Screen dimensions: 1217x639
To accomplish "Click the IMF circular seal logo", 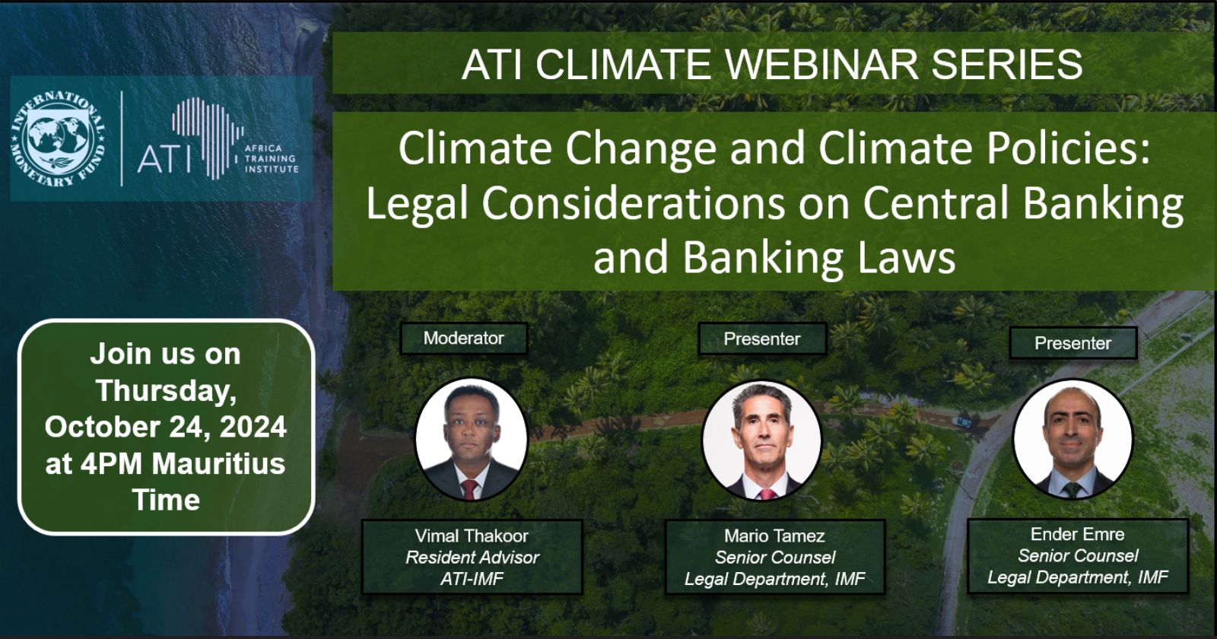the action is [58, 139].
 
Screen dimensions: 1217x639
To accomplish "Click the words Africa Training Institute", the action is [271, 159].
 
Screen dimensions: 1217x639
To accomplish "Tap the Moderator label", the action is [463, 338].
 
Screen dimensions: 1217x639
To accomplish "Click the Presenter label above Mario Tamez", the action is [762, 339].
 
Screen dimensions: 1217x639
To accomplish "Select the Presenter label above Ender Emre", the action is [1073, 343].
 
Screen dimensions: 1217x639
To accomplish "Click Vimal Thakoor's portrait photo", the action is [471, 439].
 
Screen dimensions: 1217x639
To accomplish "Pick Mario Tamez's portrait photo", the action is [761, 440].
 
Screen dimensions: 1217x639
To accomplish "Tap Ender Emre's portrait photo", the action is [1073, 439].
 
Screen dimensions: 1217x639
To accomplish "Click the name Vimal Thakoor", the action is [472, 536].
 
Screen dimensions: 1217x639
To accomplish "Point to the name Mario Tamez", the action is [774, 536].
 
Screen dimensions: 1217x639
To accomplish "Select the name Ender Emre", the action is [1077, 534].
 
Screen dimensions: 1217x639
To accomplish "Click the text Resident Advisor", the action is [472, 557].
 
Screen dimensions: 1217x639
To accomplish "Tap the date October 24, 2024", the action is [166, 427].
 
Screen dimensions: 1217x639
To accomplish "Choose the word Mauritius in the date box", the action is [218, 463].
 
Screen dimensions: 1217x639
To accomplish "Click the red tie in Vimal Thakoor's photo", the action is [469, 489].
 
